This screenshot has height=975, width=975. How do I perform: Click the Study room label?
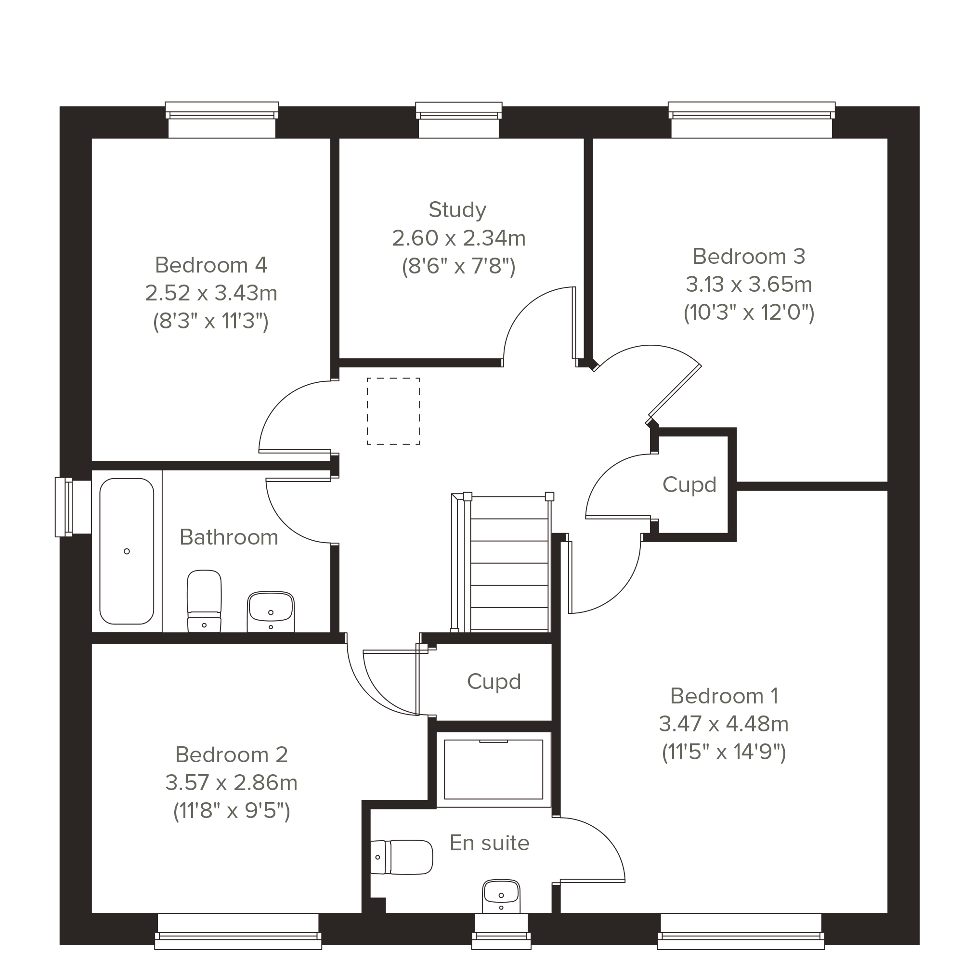(x=457, y=210)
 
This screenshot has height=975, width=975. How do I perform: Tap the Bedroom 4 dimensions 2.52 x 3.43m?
(x=211, y=293)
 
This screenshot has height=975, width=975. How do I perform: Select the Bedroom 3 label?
(x=748, y=256)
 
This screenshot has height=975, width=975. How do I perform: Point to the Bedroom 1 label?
(x=724, y=696)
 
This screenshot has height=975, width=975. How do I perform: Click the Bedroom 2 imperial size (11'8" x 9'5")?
(x=232, y=811)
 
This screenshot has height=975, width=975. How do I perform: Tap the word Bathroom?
(x=229, y=537)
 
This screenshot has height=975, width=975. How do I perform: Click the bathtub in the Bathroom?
(x=127, y=551)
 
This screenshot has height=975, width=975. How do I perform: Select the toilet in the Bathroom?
(x=204, y=600)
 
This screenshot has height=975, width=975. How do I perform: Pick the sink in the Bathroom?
(x=271, y=611)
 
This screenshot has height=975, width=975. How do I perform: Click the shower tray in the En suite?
(x=493, y=769)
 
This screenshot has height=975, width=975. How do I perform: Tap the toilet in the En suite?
(x=401, y=857)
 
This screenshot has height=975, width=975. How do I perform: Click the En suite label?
(x=490, y=843)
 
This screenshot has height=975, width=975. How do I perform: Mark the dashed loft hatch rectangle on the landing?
(x=393, y=411)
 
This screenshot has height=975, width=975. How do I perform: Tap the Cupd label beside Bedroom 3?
(x=689, y=484)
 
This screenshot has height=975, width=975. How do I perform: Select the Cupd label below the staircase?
(x=494, y=681)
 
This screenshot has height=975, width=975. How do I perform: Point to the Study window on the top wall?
(x=459, y=119)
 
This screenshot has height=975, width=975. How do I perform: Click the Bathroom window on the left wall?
(x=73, y=507)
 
